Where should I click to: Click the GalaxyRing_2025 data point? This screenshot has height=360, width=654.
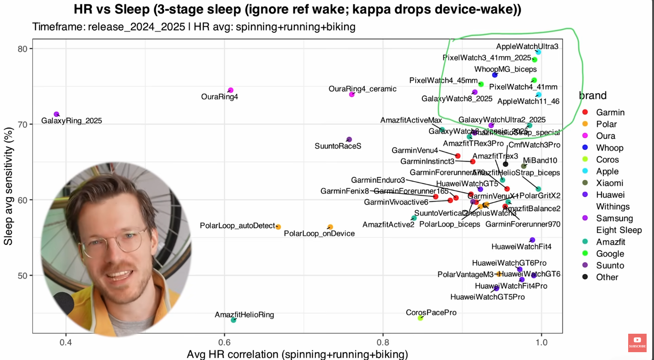57,114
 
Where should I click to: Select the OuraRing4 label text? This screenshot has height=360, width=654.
220,97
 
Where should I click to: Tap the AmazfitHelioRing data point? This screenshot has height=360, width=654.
233,320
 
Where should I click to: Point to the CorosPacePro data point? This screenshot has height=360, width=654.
420,318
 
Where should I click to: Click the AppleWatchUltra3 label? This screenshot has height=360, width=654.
527,47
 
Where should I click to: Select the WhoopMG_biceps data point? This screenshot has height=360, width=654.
495,75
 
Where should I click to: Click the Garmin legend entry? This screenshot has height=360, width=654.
610,112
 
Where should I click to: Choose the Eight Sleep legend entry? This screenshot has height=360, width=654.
618,230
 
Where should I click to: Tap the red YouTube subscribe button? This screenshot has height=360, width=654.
637,342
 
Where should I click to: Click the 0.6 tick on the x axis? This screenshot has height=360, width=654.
224,343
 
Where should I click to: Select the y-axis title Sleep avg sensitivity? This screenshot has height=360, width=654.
8,187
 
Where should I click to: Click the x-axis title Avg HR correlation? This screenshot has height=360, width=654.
297,354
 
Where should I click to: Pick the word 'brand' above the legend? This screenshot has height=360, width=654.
593,95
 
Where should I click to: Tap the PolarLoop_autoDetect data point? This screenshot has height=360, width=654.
278,227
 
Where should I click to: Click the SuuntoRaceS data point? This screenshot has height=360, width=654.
349,139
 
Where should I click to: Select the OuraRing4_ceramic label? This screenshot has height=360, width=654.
362,89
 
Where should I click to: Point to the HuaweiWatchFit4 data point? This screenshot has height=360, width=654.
532,240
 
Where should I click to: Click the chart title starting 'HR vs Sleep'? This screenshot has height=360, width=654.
297,10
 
